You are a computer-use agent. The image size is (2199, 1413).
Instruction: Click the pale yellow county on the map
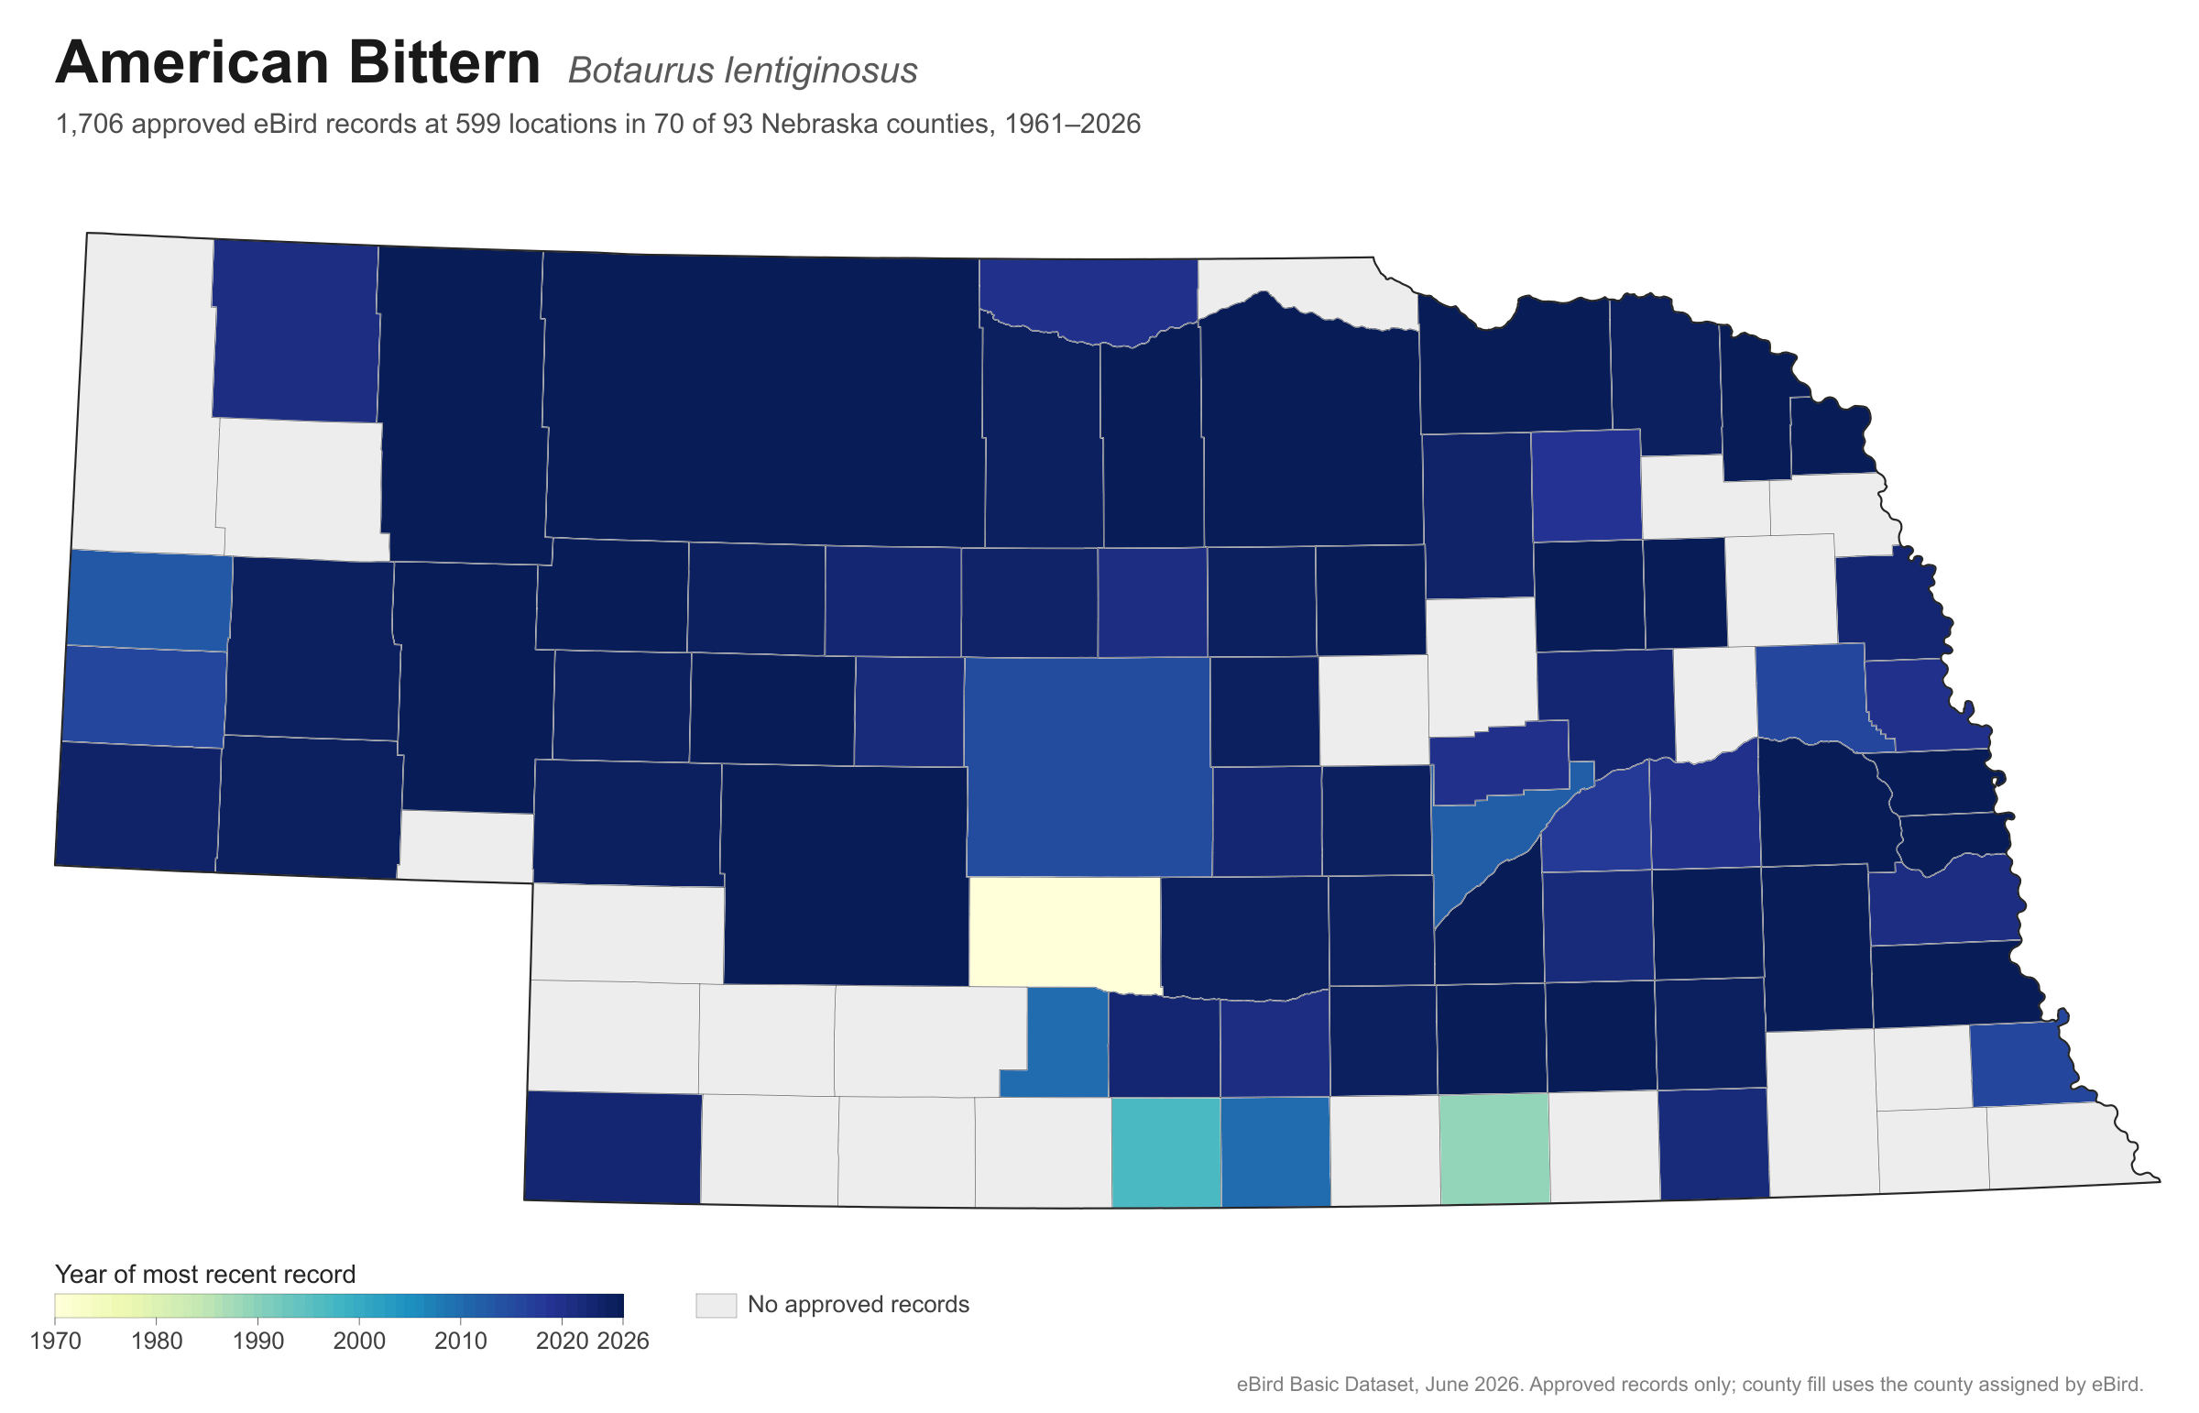[x=1065, y=933]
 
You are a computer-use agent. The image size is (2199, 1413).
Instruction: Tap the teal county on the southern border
[x=1166, y=1152]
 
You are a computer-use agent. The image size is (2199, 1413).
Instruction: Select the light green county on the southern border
[x=1494, y=1148]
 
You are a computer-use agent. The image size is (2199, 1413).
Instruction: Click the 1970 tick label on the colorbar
[x=55, y=1342]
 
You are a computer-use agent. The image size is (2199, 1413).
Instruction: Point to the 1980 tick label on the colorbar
[x=157, y=1342]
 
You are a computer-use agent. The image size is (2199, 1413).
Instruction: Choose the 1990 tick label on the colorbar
[x=257, y=1342]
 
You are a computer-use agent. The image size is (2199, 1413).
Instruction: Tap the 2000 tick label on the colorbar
[x=359, y=1342]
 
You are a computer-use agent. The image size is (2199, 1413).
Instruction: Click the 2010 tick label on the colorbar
[x=461, y=1342]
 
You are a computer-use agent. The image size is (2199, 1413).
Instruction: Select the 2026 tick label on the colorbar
[x=624, y=1342]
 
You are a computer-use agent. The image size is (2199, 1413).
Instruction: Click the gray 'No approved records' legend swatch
[x=716, y=1305]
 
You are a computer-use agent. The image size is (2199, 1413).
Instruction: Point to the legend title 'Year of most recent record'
[x=205, y=1275]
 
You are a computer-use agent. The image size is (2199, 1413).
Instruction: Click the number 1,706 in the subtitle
[x=89, y=124]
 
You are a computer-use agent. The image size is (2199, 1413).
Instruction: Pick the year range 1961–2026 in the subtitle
[x=1072, y=124]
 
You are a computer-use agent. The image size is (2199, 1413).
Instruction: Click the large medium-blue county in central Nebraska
[x=1088, y=767]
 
